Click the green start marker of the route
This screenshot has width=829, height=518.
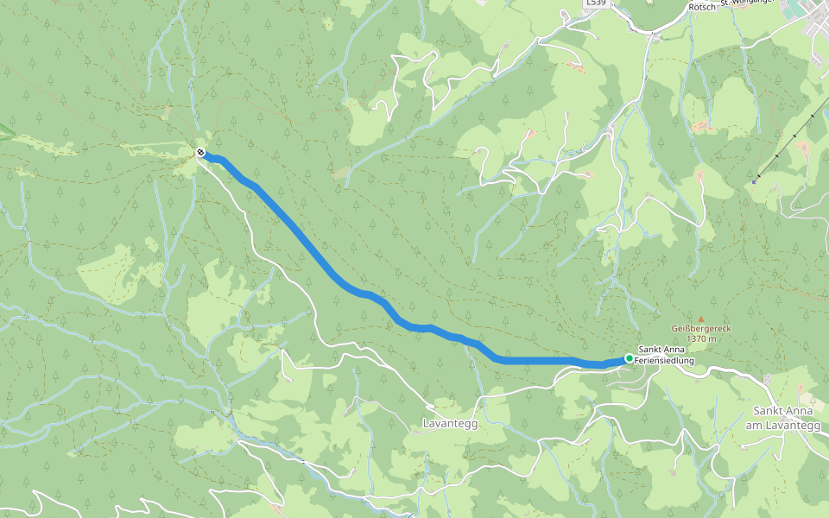(630, 358)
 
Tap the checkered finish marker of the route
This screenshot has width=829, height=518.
(200, 153)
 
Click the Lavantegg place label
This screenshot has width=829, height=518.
(450, 424)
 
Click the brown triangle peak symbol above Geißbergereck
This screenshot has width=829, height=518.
(700, 319)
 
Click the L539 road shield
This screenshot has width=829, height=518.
(596, 3)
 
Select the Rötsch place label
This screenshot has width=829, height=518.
(699, 6)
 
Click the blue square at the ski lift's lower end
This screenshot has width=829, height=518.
(756, 181)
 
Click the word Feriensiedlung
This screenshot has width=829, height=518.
(667, 360)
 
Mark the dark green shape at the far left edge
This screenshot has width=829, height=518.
(4, 130)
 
